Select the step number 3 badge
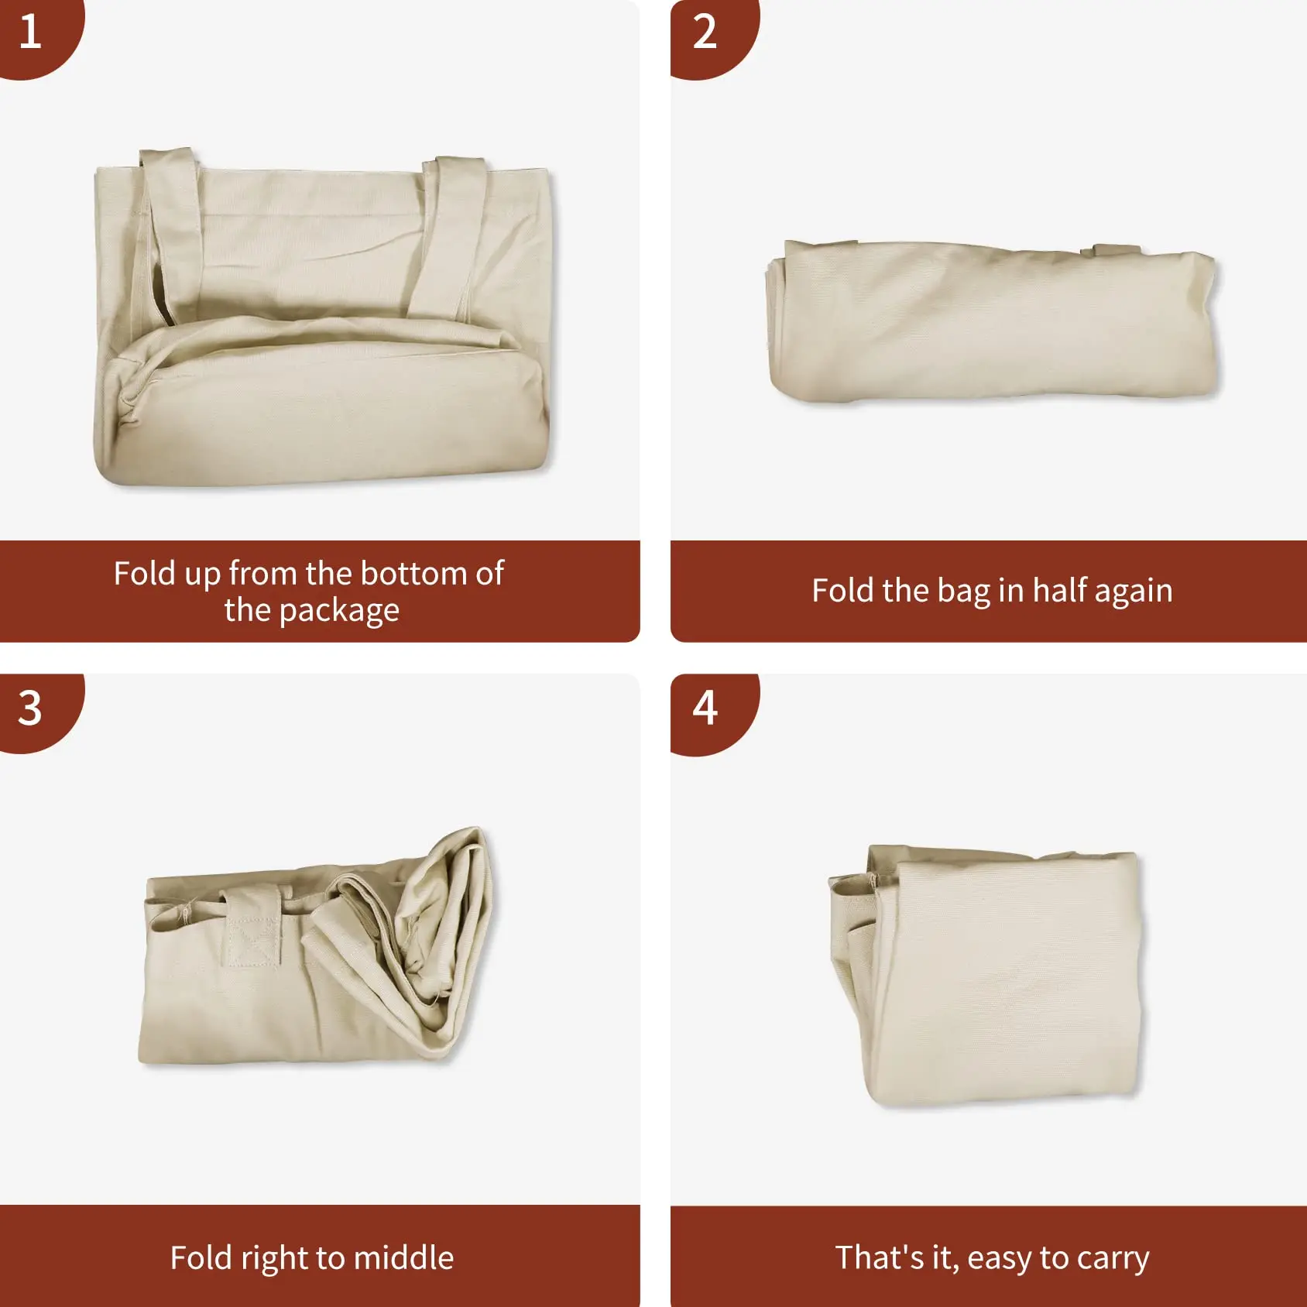tap(31, 708)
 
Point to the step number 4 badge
tap(705, 708)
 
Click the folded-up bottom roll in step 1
tap(325, 418)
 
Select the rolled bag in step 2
tap(991, 325)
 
